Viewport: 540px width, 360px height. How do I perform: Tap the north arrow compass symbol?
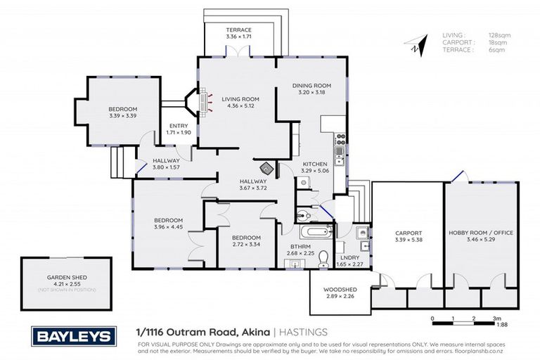(x=416, y=46)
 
